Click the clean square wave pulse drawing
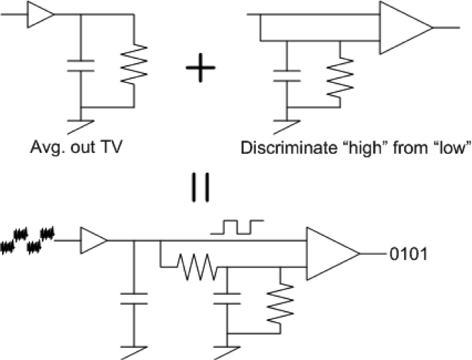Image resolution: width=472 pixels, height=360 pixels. [240, 226]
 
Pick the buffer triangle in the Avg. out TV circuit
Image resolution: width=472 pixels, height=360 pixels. [40, 15]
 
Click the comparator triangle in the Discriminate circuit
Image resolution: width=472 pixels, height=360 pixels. [403, 28]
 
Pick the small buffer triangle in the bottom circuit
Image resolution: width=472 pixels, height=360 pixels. [93, 242]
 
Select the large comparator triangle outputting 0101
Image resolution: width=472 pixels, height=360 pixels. [330, 254]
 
